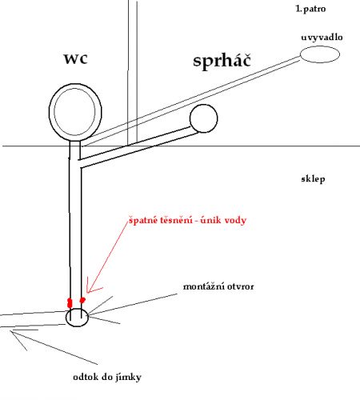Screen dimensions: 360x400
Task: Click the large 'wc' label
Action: (x=75, y=59)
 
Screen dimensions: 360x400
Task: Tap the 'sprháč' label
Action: (x=222, y=61)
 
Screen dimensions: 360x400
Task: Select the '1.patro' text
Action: (x=310, y=9)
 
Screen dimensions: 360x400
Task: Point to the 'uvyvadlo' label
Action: (x=322, y=37)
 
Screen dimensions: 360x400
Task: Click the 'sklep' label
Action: (x=313, y=179)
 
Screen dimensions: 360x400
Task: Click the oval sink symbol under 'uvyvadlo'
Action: (x=320, y=46)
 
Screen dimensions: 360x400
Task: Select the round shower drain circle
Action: (x=204, y=105)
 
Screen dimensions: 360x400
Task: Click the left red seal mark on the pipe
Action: (x=70, y=303)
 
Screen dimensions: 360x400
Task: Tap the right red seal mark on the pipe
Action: (x=82, y=300)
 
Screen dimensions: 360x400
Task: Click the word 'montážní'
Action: (x=201, y=286)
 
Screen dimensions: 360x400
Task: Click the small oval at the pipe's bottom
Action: (x=77, y=309)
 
